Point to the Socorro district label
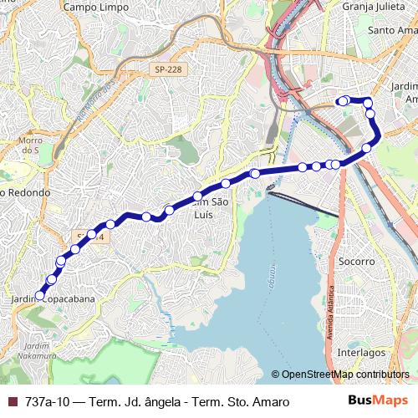click(x=357, y=262)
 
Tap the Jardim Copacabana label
click(x=54, y=298)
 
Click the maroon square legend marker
click(x=12, y=402)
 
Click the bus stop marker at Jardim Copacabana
click(x=39, y=295)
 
